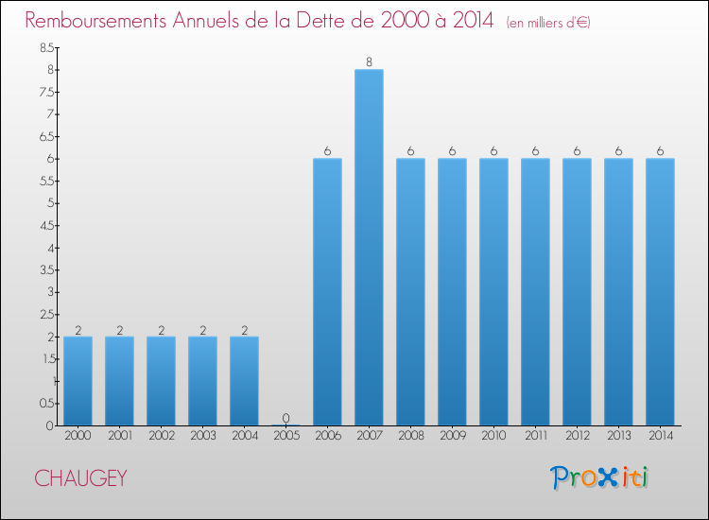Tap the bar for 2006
click(x=327, y=292)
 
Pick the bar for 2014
click(x=660, y=292)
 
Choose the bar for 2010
click(x=493, y=292)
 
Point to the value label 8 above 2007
click(x=369, y=62)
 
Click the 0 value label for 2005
click(x=285, y=418)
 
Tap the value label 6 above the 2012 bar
click(x=577, y=151)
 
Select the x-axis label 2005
click(x=285, y=436)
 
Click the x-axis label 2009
click(x=452, y=436)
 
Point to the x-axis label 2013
click(x=618, y=436)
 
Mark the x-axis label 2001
click(x=119, y=436)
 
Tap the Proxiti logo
click(x=599, y=477)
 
